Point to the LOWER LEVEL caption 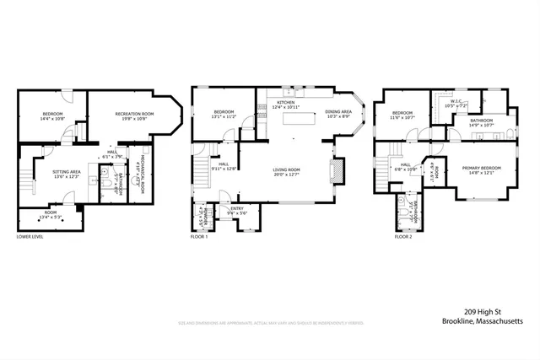coord(30,237)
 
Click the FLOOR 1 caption coord(200,237)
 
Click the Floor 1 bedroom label coord(223,112)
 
